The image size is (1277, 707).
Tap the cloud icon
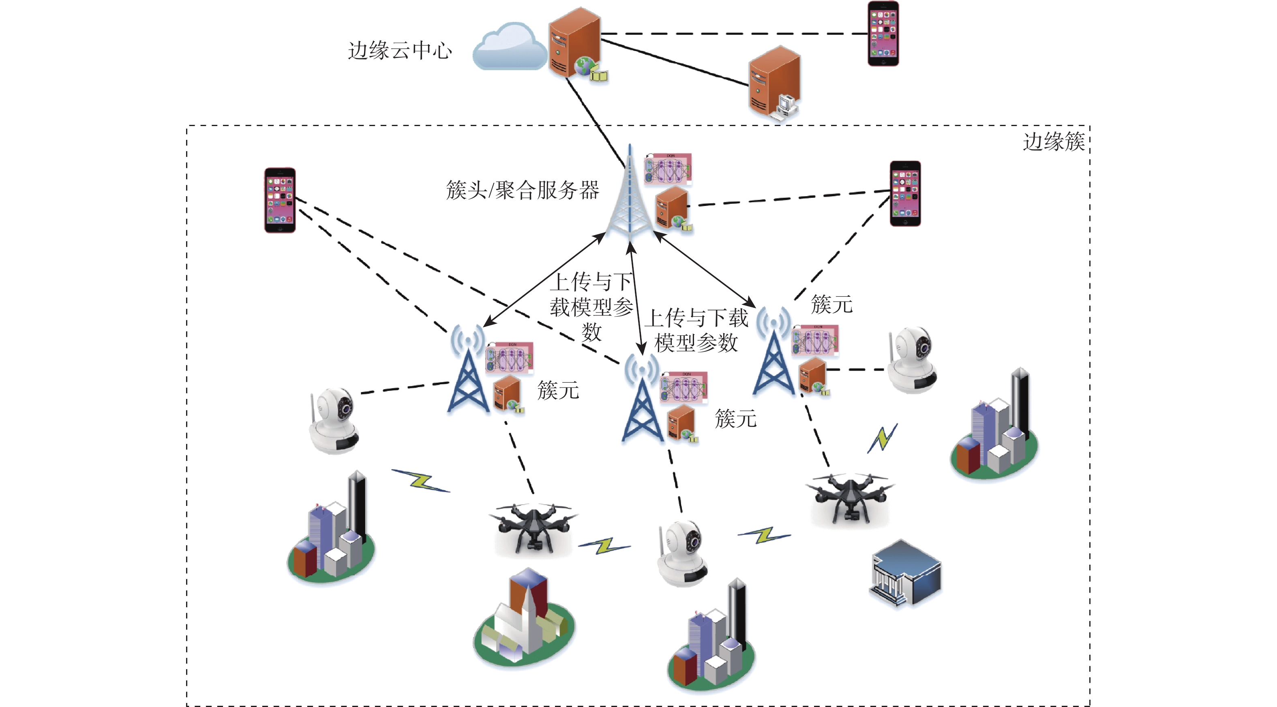tap(509, 47)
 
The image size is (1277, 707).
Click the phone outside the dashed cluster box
tap(883, 33)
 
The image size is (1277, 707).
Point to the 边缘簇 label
tap(1054, 142)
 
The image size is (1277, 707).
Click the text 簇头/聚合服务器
tap(523, 190)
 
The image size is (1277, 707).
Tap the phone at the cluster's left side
tap(280, 200)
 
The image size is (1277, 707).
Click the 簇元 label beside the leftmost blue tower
tap(558, 391)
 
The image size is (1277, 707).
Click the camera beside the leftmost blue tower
tap(334, 420)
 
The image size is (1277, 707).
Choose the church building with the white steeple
tap(525, 620)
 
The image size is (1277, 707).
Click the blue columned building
tap(906, 573)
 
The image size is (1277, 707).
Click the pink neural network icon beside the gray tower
tap(668, 169)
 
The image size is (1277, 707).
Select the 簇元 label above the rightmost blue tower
tap(831, 304)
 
